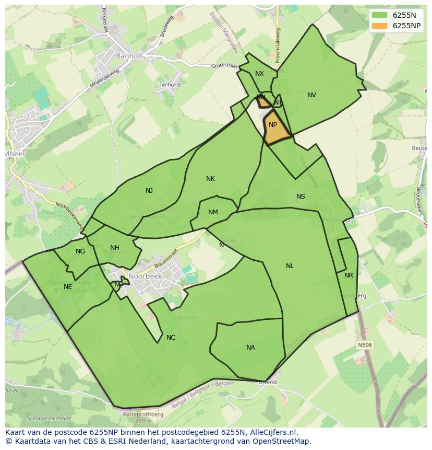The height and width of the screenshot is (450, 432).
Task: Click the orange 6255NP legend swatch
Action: pyautogui.click(x=379, y=26)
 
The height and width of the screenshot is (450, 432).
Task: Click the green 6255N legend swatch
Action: pyautogui.click(x=379, y=15)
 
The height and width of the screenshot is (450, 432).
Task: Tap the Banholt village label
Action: pyautogui.click(x=129, y=55)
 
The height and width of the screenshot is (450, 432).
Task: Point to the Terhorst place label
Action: pyautogui.click(x=170, y=84)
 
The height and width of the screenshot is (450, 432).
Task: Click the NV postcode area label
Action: pyautogui.click(x=311, y=95)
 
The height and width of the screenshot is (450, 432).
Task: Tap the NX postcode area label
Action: pyautogui.click(x=259, y=74)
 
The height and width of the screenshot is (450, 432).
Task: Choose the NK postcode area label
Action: pyautogui.click(x=210, y=179)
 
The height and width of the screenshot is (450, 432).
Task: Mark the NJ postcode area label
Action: pyautogui.click(x=149, y=191)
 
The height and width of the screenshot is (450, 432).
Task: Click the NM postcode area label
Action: pyautogui.click(x=213, y=212)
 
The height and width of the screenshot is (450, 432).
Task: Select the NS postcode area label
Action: pyautogui.click(x=301, y=197)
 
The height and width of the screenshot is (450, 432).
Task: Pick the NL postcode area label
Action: pyautogui.click(x=290, y=266)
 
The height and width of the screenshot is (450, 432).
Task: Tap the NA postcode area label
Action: pyautogui.click(x=250, y=348)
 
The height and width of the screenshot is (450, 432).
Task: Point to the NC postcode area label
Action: pyautogui.click(x=171, y=338)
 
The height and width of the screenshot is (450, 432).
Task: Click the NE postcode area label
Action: pyautogui.click(x=68, y=287)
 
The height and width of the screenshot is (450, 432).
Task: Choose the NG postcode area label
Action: pyautogui.click(x=80, y=251)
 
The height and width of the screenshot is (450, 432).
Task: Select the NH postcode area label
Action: pyautogui.click(x=115, y=248)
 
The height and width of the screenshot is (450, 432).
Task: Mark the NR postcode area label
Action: pyautogui.click(x=349, y=275)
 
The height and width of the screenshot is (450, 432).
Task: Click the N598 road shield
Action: pyautogui.click(x=365, y=345)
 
